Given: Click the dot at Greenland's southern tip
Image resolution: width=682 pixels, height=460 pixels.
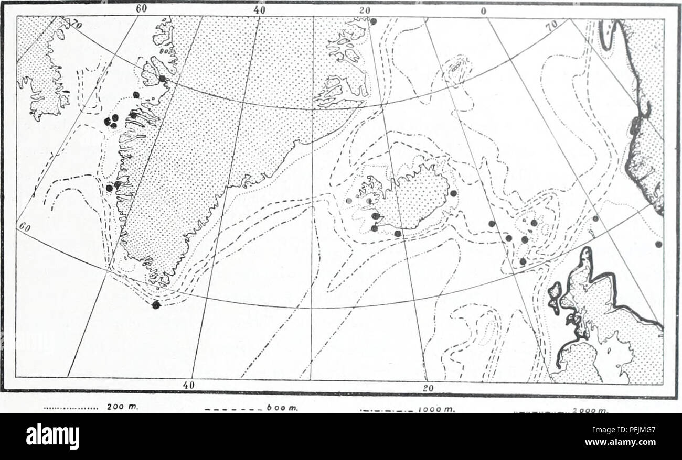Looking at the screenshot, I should tap(155, 305).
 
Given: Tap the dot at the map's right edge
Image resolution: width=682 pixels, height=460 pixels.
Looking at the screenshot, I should tap(658, 244).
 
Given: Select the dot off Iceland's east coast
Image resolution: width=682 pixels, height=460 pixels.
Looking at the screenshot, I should tap(453, 193).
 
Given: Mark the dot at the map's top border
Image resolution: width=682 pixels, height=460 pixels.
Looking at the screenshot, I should tap(373, 21).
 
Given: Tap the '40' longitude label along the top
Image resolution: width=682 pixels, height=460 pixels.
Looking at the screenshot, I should tap(259, 9).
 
